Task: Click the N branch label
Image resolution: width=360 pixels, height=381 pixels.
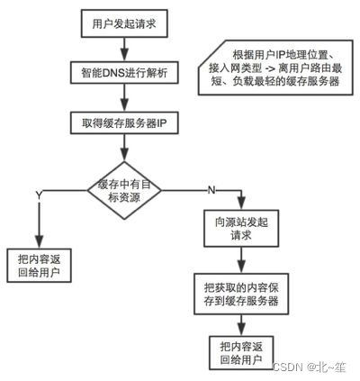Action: point(210,189)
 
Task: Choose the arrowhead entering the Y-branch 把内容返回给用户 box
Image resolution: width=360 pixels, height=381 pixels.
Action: point(38,243)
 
